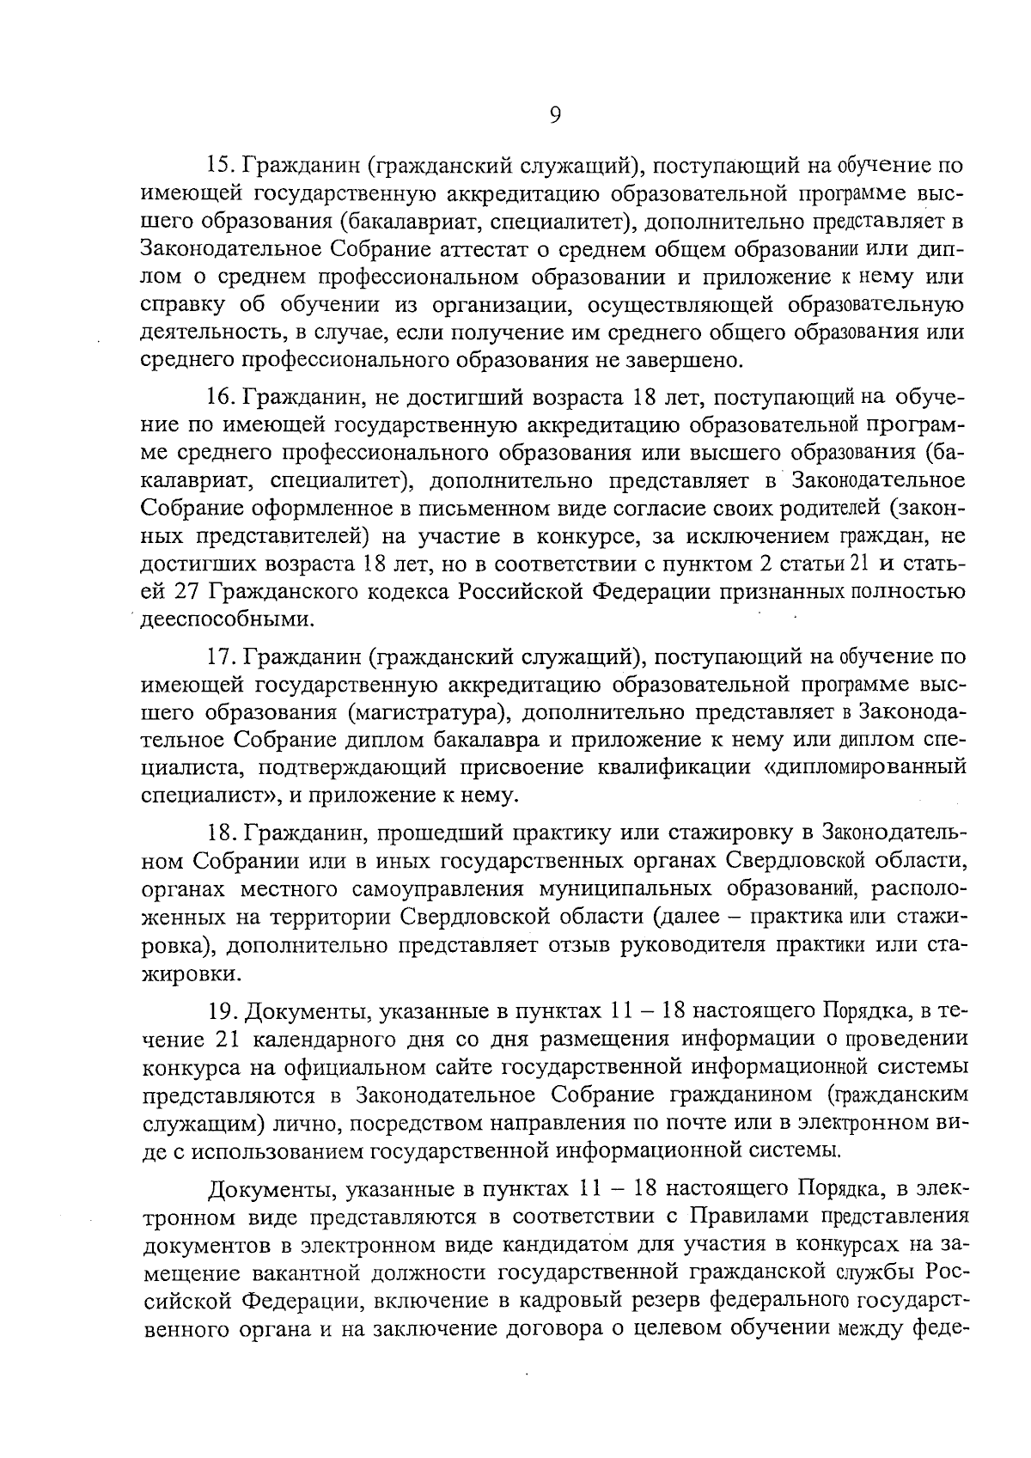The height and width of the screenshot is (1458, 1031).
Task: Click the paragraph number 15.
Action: [x=223, y=164]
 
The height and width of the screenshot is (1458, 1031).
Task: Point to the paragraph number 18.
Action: [x=223, y=833]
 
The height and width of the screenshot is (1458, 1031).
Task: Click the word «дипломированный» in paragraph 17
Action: [x=864, y=767]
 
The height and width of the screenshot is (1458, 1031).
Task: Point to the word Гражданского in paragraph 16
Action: [x=330, y=592]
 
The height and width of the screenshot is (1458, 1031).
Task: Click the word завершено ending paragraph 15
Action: [x=688, y=360]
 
